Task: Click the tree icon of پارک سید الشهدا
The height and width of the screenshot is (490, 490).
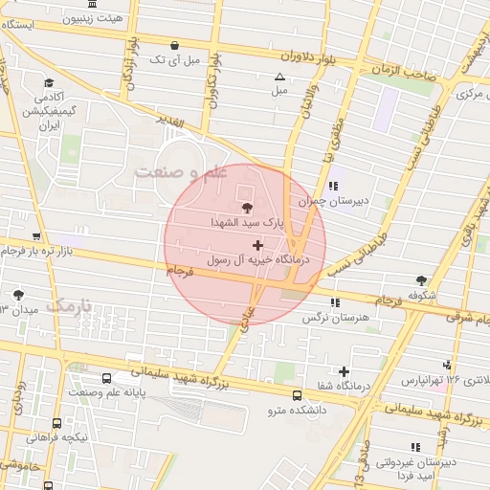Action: (x=247, y=206)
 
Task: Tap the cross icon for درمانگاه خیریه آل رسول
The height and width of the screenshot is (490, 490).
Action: (x=257, y=246)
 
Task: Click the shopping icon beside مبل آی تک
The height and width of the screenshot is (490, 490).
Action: (x=173, y=45)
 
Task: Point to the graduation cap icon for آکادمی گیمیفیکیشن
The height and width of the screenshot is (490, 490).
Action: (x=49, y=82)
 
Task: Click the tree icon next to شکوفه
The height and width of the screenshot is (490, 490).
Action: (x=421, y=280)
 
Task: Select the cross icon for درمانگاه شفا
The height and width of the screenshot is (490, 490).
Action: (x=345, y=371)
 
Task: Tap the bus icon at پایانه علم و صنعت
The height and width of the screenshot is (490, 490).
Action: (x=106, y=378)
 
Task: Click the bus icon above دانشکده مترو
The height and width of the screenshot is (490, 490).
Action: (x=296, y=394)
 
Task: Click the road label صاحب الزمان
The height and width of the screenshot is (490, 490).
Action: (x=406, y=71)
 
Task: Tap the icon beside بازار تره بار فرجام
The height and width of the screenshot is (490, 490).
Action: (x=36, y=236)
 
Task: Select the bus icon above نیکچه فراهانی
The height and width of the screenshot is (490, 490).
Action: (x=56, y=422)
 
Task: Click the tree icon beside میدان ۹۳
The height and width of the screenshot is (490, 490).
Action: (x=18, y=295)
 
